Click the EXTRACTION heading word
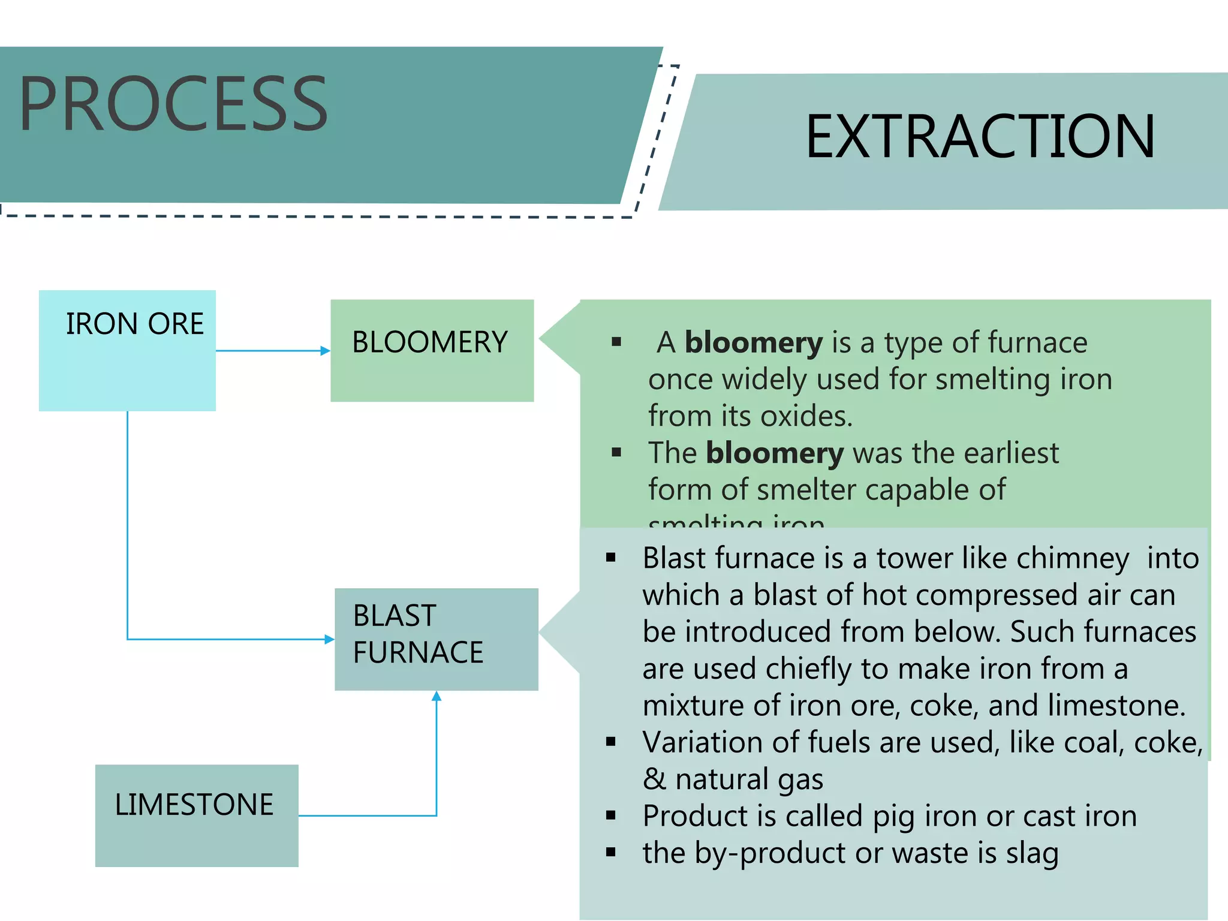(x=980, y=137)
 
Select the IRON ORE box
(x=127, y=350)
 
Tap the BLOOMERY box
(x=432, y=350)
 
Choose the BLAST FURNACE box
(x=436, y=639)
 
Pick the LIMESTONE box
(x=197, y=815)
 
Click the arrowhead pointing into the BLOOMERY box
(x=326, y=351)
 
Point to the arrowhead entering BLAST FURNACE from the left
(x=329, y=639)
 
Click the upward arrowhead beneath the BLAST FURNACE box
(x=437, y=696)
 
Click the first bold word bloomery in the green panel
(x=754, y=343)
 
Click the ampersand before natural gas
(x=654, y=779)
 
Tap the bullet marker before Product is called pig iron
(x=611, y=815)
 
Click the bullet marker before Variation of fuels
(x=611, y=742)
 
